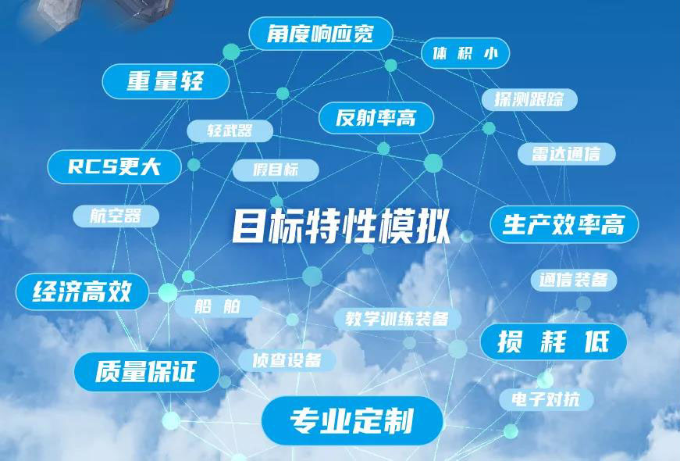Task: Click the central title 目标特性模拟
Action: pyautogui.click(x=341, y=226)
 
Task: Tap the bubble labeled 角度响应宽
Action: pyautogui.click(x=321, y=34)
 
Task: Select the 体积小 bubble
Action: pyautogui.click(x=465, y=53)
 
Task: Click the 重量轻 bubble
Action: pyautogui.click(x=166, y=81)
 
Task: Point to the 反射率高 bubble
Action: pyautogui.click(x=376, y=118)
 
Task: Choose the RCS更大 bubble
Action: pyautogui.click(x=114, y=166)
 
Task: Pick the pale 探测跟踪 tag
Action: pyautogui.click(x=529, y=100)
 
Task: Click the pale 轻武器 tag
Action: pyautogui.click(x=230, y=130)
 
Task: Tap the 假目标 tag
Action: pyautogui.click(x=276, y=170)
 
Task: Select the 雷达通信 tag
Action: pyautogui.click(x=566, y=154)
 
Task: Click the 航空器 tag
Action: pyautogui.click(x=116, y=216)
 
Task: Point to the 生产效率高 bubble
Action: pyautogui.click(x=564, y=224)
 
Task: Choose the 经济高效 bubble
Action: pyautogui.click(x=82, y=291)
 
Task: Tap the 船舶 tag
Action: pyautogui.click(x=217, y=306)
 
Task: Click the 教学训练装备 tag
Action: pyautogui.click(x=397, y=319)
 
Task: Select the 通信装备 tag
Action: pyautogui.click(x=573, y=280)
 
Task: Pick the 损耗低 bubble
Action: pyautogui.click(x=554, y=341)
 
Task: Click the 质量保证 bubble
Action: pyautogui.click(x=147, y=372)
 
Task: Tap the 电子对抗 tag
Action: pyautogui.click(x=546, y=399)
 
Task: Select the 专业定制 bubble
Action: pyautogui.click(x=352, y=420)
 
